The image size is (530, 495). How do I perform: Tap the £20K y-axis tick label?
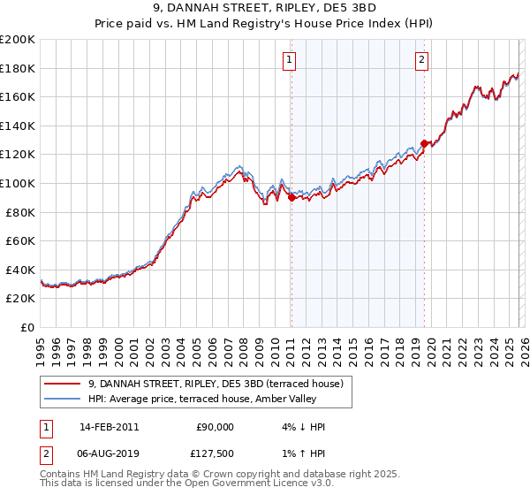(x=20, y=299)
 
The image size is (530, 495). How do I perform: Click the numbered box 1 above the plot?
(x=290, y=60)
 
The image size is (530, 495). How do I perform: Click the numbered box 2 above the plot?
(x=421, y=60)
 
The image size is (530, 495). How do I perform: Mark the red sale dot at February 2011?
(x=291, y=198)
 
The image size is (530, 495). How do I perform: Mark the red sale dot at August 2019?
(x=424, y=143)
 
